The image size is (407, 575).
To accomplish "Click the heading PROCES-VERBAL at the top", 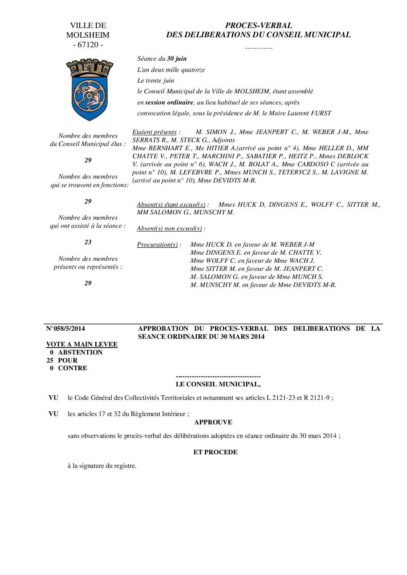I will click(258, 25).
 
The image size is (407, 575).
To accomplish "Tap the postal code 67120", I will click(88, 45).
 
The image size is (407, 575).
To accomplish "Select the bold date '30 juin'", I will click(177, 59).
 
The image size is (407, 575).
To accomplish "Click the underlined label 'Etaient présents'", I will click(154, 132).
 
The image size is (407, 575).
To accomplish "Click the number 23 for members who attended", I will click(88, 242).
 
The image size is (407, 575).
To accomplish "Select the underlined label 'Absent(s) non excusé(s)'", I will click(169, 229).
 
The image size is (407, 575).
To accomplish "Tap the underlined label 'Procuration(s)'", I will click(157, 245).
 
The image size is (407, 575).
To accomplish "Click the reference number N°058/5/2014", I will click(65, 328).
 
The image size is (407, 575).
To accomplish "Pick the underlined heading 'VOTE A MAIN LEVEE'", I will click(82, 345).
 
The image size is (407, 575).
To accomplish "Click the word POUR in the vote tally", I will click(68, 360).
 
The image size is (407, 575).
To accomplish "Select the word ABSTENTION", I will click(80, 352).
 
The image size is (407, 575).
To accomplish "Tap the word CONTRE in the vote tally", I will click(72, 368).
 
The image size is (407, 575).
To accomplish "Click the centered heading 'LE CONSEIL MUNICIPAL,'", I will click(218, 384).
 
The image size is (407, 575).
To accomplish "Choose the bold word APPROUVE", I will click(213, 422).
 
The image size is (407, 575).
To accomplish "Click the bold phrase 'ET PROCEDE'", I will click(215, 452).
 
